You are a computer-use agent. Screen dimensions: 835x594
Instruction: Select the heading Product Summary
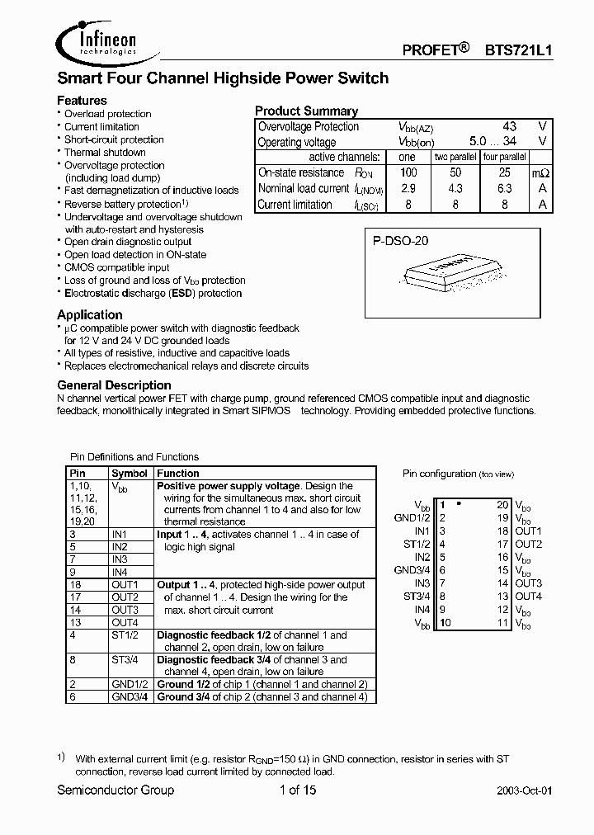click(x=306, y=111)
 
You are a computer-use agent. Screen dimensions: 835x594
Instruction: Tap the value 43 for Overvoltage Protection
click(x=509, y=126)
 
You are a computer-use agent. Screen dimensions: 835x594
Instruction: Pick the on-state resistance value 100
click(x=408, y=172)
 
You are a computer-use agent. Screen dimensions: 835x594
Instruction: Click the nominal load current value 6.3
click(x=504, y=188)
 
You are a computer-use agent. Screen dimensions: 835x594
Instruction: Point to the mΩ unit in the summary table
click(x=540, y=173)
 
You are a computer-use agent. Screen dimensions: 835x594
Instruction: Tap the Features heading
click(x=82, y=100)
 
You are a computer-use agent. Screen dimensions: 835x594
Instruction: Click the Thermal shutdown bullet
click(x=105, y=153)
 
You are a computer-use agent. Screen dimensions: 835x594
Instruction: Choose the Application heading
click(x=89, y=314)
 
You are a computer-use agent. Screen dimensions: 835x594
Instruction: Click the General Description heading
click(x=114, y=385)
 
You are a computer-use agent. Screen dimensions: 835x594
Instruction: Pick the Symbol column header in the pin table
click(x=130, y=474)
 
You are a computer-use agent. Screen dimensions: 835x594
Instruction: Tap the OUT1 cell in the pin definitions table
click(x=125, y=585)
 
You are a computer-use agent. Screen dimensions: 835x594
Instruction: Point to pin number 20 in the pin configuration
click(x=502, y=504)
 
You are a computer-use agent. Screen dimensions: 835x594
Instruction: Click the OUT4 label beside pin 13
click(x=528, y=597)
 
